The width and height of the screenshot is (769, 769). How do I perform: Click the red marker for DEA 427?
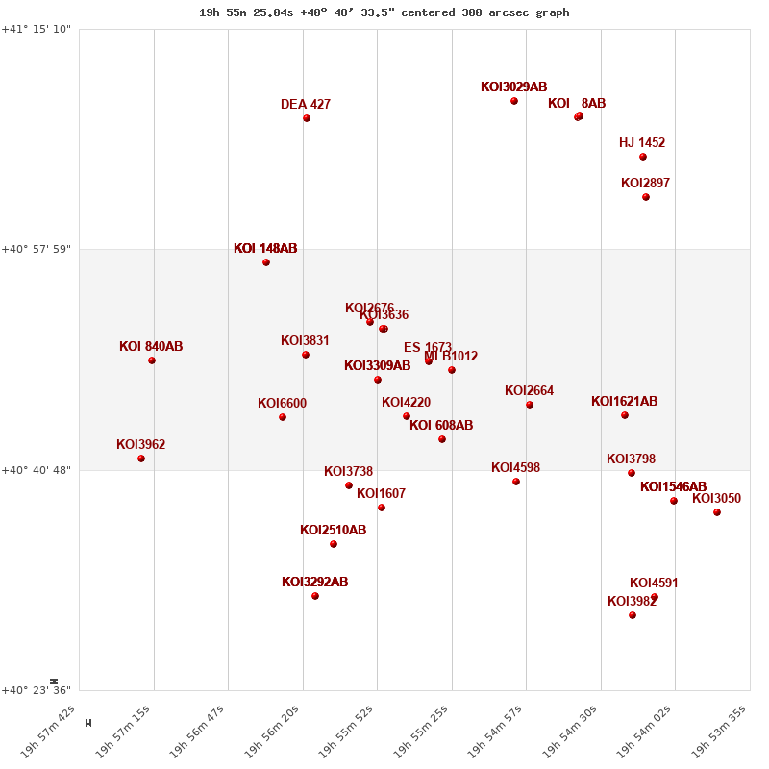point(307,118)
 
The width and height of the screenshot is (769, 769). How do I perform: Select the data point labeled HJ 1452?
point(643,157)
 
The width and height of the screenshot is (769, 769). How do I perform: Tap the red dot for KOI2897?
point(646,197)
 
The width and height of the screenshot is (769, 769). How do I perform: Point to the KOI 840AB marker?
point(152,360)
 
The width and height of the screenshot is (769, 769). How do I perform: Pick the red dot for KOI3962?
point(141,459)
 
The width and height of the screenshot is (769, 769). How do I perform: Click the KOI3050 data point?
point(717,512)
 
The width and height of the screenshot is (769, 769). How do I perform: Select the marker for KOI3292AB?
point(315,596)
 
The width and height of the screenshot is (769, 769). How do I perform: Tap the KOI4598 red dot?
point(516,482)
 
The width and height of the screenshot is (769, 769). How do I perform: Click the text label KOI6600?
point(282,404)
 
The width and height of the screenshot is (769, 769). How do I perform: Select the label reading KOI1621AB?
point(624,402)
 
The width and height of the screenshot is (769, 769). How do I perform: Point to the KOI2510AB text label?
point(333,531)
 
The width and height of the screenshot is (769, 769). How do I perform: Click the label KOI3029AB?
point(513,87)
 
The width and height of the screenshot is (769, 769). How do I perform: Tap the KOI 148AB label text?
point(265,249)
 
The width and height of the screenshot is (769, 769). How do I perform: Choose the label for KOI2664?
point(529,391)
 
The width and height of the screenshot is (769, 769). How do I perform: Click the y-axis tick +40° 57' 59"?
point(37,250)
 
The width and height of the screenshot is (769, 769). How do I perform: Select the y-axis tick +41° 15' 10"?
point(37,30)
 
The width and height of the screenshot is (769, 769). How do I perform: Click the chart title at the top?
point(384,12)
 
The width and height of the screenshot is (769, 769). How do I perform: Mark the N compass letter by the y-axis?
point(54,682)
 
